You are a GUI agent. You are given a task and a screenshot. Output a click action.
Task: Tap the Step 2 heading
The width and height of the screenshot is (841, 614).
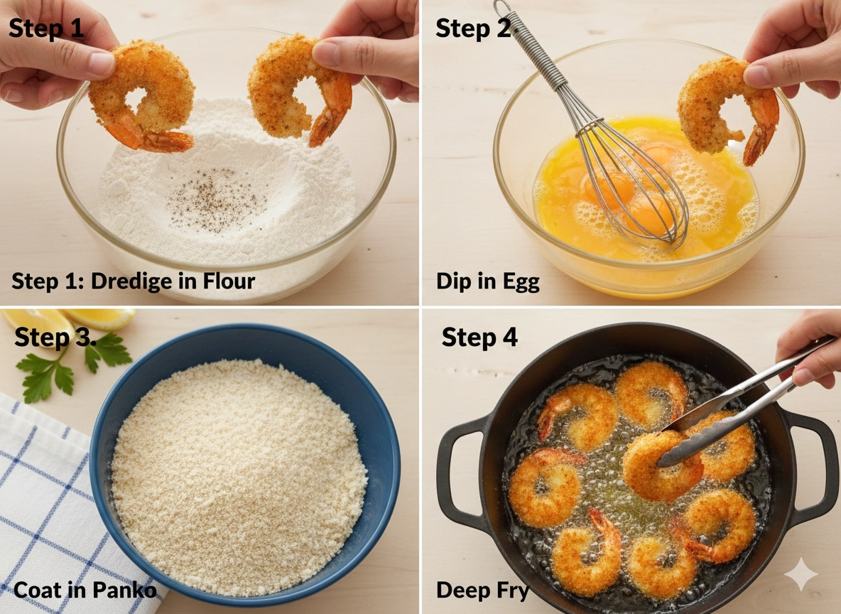coord(474,28)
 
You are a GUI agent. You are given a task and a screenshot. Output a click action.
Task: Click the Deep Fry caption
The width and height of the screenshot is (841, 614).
coord(483,591)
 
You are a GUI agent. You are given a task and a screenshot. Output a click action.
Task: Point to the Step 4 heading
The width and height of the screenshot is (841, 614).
coord(479,337)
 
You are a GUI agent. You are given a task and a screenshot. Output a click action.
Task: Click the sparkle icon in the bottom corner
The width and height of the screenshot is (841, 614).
coord(801,574)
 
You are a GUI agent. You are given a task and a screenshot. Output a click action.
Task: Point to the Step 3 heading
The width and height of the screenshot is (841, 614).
coord(55,338)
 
